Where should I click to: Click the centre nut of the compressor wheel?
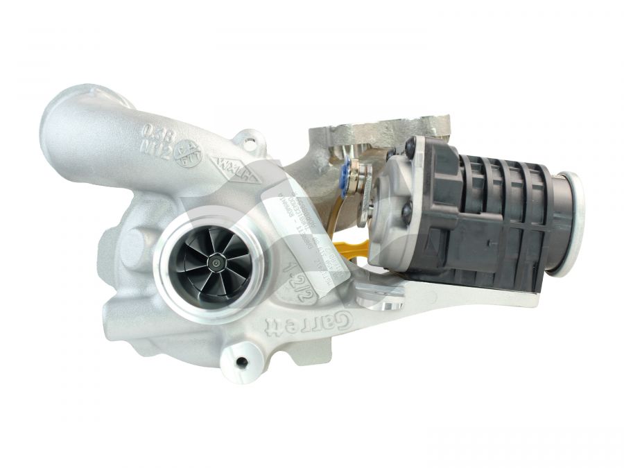[x=218, y=263]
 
